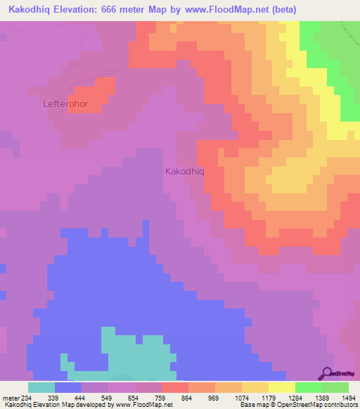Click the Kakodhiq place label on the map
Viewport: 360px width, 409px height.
click(184, 171)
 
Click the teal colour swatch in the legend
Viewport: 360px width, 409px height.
click(41, 387)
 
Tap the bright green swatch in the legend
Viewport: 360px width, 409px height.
click(309, 387)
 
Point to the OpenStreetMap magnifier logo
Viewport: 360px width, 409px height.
click(327, 373)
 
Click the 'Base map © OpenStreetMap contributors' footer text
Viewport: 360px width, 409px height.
click(297, 405)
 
